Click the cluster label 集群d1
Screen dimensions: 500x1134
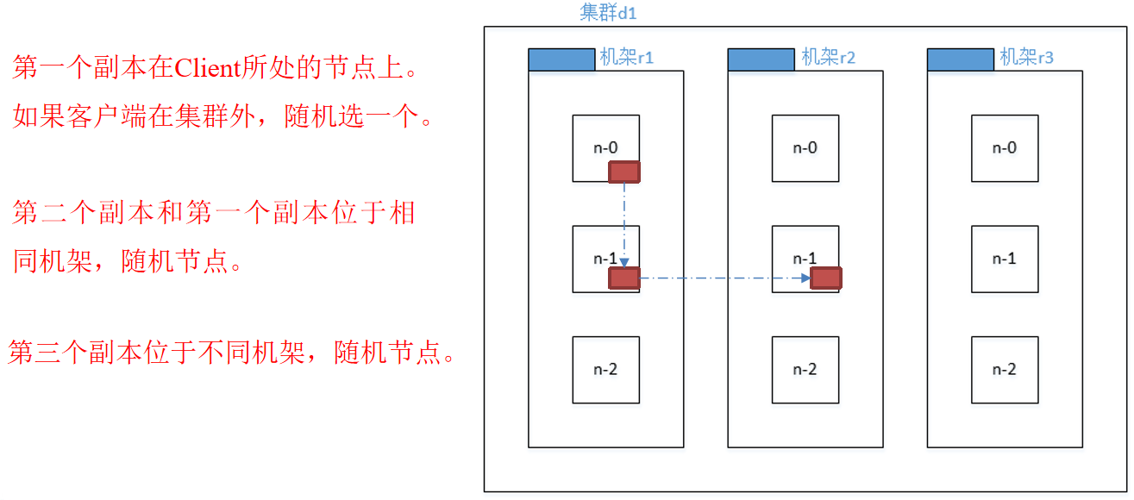click(607, 13)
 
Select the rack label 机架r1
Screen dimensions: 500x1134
click(626, 59)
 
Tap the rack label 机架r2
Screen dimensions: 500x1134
click(828, 59)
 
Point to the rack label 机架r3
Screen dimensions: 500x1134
click(1026, 59)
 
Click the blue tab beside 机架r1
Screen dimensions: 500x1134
click(561, 59)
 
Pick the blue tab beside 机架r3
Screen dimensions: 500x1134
click(960, 59)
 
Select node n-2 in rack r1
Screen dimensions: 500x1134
click(605, 370)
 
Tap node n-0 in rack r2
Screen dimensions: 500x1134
click(805, 148)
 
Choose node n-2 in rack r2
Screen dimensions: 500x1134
click(805, 370)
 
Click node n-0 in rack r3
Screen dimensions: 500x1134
click(1005, 148)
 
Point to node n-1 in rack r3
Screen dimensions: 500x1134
click(1005, 259)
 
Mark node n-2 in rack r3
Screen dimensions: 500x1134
click(1005, 370)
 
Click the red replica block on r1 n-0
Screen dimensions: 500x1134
click(623, 172)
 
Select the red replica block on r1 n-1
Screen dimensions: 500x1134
click(623, 278)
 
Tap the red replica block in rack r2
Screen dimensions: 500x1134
click(826, 278)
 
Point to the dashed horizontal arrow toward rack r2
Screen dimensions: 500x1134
click(724, 278)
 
